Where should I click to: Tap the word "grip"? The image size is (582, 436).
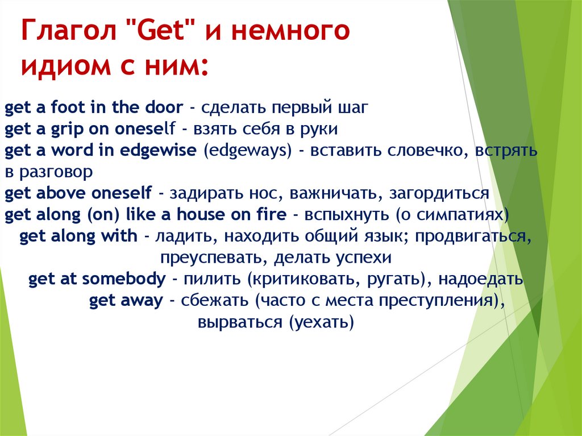67,129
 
